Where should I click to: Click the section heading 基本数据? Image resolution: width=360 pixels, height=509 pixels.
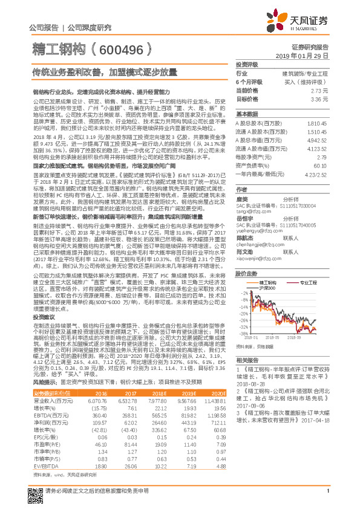click(x=247, y=113)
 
